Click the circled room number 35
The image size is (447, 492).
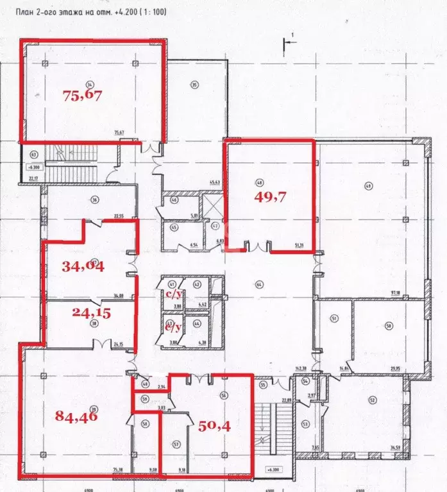coord(193,83)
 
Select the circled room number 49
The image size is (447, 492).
coord(368,186)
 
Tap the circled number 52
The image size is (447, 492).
coord(373,400)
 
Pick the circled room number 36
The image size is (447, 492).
coord(94,199)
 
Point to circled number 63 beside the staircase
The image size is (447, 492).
coord(31,155)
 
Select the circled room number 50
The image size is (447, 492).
coord(389,326)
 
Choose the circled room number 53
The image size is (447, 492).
coord(305,424)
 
